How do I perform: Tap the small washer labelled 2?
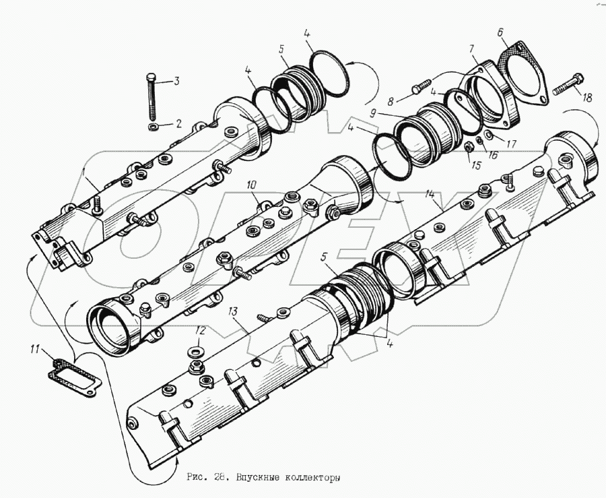click(153, 126)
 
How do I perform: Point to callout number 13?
click(234, 311)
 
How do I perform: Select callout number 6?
click(500, 32)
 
